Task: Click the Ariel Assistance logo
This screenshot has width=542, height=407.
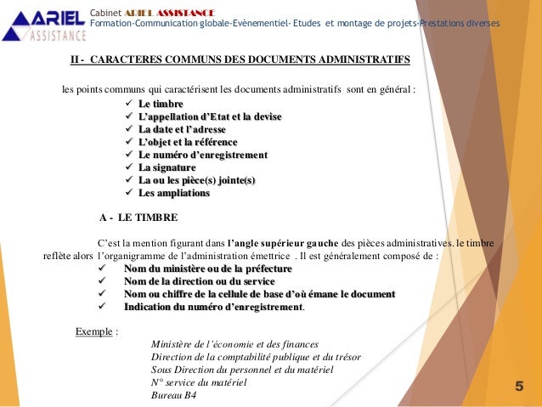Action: pyautogui.click(x=44, y=23)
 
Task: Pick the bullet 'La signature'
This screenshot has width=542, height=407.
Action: pyautogui.click(x=168, y=167)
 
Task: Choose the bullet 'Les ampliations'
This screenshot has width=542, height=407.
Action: pyautogui.click(x=173, y=193)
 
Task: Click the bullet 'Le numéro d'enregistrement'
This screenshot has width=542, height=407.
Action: pyautogui.click(x=203, y=155)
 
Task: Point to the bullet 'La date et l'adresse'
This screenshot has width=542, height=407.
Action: pyautogui.click(x=184, y=129)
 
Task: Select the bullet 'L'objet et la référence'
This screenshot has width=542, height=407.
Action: pyautogui.click(x=188, y=142)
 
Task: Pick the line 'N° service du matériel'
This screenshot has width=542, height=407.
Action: pyautogui.click(x=199, y=382)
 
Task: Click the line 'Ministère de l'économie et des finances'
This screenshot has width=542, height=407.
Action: pyautogui.click(x=234, y=344)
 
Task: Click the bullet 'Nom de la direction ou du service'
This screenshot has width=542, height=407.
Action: pyautogui.click(x=199, y=281)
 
